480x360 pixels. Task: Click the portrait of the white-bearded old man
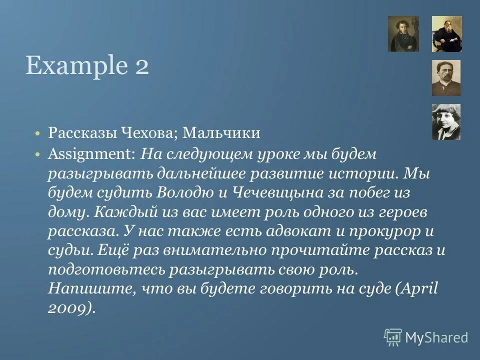(446, 34)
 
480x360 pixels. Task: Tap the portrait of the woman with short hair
(446, 122)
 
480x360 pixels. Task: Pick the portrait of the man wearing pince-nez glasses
(446, 78)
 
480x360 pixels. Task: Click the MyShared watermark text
(436, 337)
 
